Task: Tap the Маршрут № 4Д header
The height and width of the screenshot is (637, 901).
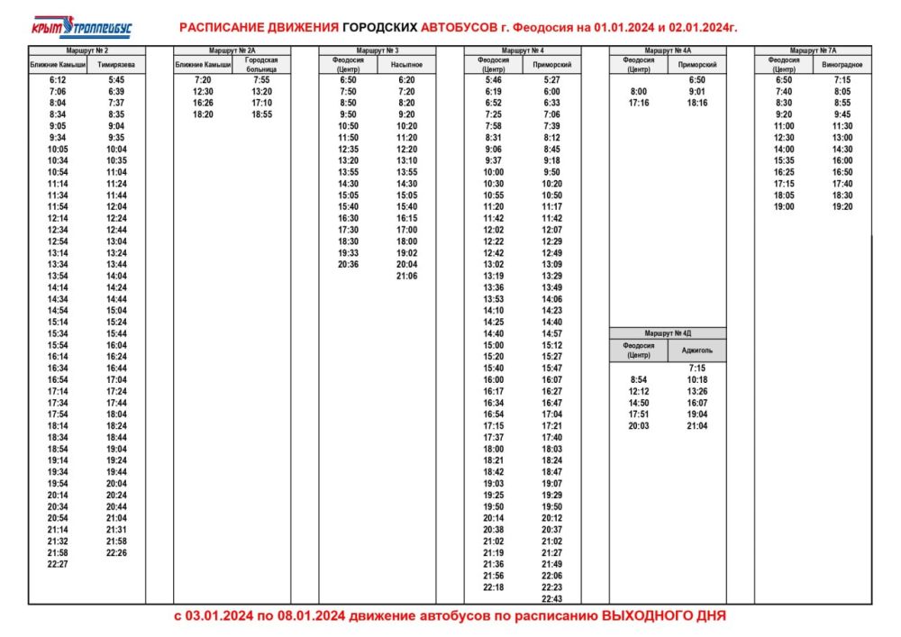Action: pos(668,332)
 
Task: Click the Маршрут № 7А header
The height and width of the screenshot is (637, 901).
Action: pos(813,51)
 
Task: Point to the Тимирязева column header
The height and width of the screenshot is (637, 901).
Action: pos(116,65)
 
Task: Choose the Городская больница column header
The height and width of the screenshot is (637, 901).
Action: pos(261,65)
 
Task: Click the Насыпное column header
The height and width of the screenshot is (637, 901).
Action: pos(406,65)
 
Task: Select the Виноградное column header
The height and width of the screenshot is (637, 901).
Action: pos(842,65)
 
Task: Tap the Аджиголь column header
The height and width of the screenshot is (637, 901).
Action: pos(696,349)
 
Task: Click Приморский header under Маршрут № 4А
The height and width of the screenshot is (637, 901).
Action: pos(696,65)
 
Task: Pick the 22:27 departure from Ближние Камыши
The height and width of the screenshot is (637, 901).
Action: pos(57,565)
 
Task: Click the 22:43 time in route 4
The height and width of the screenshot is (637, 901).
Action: pos(551,598)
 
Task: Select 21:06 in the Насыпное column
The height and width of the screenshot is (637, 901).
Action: pos(406,276)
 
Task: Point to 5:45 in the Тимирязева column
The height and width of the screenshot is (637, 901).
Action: pos(116,80)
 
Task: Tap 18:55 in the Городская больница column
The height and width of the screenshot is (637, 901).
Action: pos(261,114)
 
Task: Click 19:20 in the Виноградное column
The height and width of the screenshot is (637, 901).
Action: pos(842,206)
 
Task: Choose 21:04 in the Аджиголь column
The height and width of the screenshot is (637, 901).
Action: pos(696,425)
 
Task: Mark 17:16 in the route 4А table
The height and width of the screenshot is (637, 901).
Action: pos(638,103)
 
